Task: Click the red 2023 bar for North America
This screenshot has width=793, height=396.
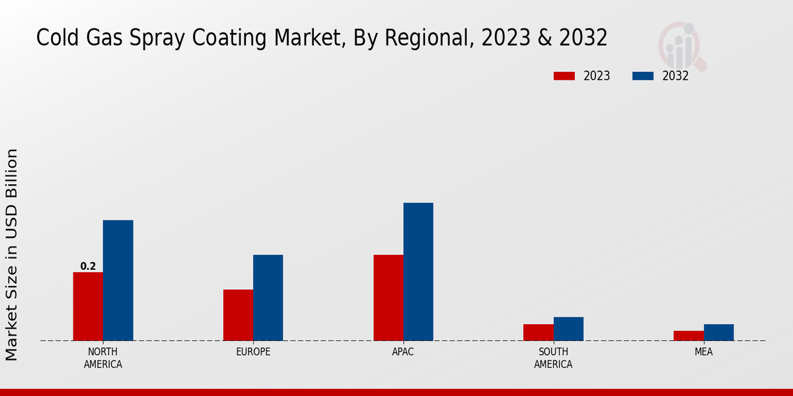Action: tap(88, 306)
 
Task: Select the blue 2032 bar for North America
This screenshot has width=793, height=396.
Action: tap(118, 280)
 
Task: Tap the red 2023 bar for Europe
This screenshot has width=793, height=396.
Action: tap(238, 315)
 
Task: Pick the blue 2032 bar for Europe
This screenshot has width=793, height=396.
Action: tap(268, 298)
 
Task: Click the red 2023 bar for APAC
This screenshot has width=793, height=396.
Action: tap(388, 298)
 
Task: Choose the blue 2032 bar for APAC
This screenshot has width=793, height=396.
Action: tap(418, 272)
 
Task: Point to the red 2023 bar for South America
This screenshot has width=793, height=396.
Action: tap(538, 332)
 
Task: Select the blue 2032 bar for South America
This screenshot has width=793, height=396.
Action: tap(568, 329)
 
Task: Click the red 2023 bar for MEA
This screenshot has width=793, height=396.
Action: tap(689, 335)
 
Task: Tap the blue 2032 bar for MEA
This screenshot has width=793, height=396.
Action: tap(718, 332)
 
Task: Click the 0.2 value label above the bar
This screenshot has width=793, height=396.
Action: tap(88, 267)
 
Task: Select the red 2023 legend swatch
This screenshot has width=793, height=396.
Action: tap(564, 76)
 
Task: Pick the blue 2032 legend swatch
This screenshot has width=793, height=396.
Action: tap(643, 76)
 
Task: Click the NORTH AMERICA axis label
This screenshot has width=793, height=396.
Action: tap(103, 358)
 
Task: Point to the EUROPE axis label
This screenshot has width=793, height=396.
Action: tap(253, 352)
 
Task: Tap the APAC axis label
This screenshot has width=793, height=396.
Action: tap(403, 352)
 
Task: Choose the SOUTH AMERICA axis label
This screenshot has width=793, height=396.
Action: tap(553, 358)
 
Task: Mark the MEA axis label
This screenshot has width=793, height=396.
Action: tap(703, 352)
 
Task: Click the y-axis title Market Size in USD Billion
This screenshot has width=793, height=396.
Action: tap(12, 255)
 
